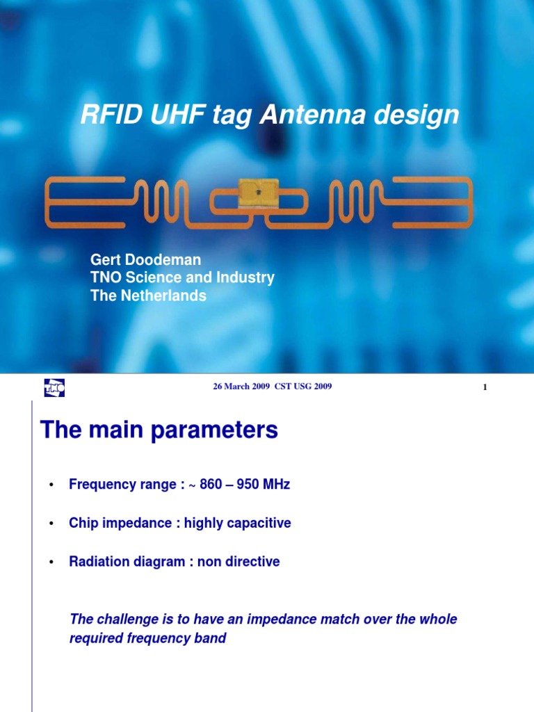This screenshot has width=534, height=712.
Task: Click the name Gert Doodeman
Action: pos(145,260)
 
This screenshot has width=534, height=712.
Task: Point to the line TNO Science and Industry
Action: pos(182,278)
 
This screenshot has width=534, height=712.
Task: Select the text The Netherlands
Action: pos(148,296)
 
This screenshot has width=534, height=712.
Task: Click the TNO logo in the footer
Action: pos(54,388)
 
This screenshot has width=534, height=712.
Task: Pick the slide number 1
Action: pos(485,387)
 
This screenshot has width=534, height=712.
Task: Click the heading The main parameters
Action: pos(159,430)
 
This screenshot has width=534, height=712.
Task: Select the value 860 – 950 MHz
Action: pos(245,485)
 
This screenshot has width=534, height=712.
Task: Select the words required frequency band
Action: pos(147,638)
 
